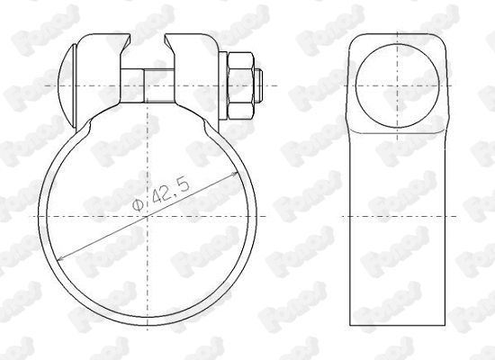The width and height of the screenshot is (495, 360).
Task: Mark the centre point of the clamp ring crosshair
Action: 152,217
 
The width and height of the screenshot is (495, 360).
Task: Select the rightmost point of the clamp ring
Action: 262,217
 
